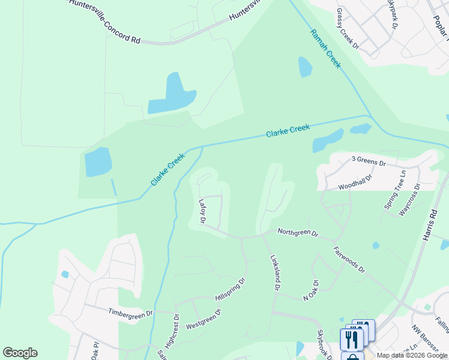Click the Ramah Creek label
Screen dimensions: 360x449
point(325,49)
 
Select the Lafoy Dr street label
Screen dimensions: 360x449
point(203,213)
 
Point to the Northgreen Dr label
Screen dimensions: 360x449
point(298,232)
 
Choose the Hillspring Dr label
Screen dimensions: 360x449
point(230,290)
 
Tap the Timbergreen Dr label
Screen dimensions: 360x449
point(131,313)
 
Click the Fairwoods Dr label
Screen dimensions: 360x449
point(349,258)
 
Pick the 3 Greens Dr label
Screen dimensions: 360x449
point(369,161)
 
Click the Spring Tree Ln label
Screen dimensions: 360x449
point(395,190)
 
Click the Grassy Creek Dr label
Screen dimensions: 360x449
point(348,28)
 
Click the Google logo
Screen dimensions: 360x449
point(20,353)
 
